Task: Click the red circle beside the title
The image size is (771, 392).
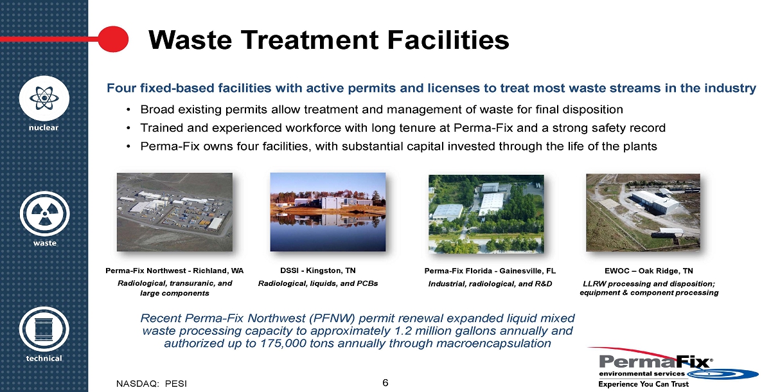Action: [x=113, y=39]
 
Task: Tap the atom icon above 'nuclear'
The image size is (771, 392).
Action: [x=44, y=98]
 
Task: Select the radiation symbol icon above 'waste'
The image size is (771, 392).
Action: [x=44, y=214]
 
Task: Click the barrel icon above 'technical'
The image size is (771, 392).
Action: [x=44, y=330]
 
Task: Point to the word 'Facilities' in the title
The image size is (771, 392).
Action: [x=448, y=40]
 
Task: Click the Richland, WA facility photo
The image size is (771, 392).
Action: [x=175, y=212]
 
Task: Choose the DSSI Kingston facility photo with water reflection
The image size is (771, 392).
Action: [x=328, y=211]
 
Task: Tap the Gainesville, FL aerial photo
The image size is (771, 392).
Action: [x=486, y=214]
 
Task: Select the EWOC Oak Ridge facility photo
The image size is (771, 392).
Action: [x=643, y=212]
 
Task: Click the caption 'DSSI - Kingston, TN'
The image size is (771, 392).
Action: [x=317, y=271]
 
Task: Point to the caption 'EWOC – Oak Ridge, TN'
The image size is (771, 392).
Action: [x=649, y=271]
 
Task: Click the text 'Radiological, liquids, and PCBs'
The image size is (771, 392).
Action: [x=318, y=283]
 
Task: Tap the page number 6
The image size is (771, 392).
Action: [x=385, y=382]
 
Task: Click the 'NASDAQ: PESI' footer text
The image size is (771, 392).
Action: [x=152, y=384]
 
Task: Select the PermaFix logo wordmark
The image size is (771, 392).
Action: [x=656, y=362]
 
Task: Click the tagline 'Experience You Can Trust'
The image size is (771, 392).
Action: [x=644, y=384]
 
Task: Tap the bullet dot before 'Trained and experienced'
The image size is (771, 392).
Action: [x=128, y=128]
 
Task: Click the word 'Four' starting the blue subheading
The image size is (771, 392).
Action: [x=121, y=88]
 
